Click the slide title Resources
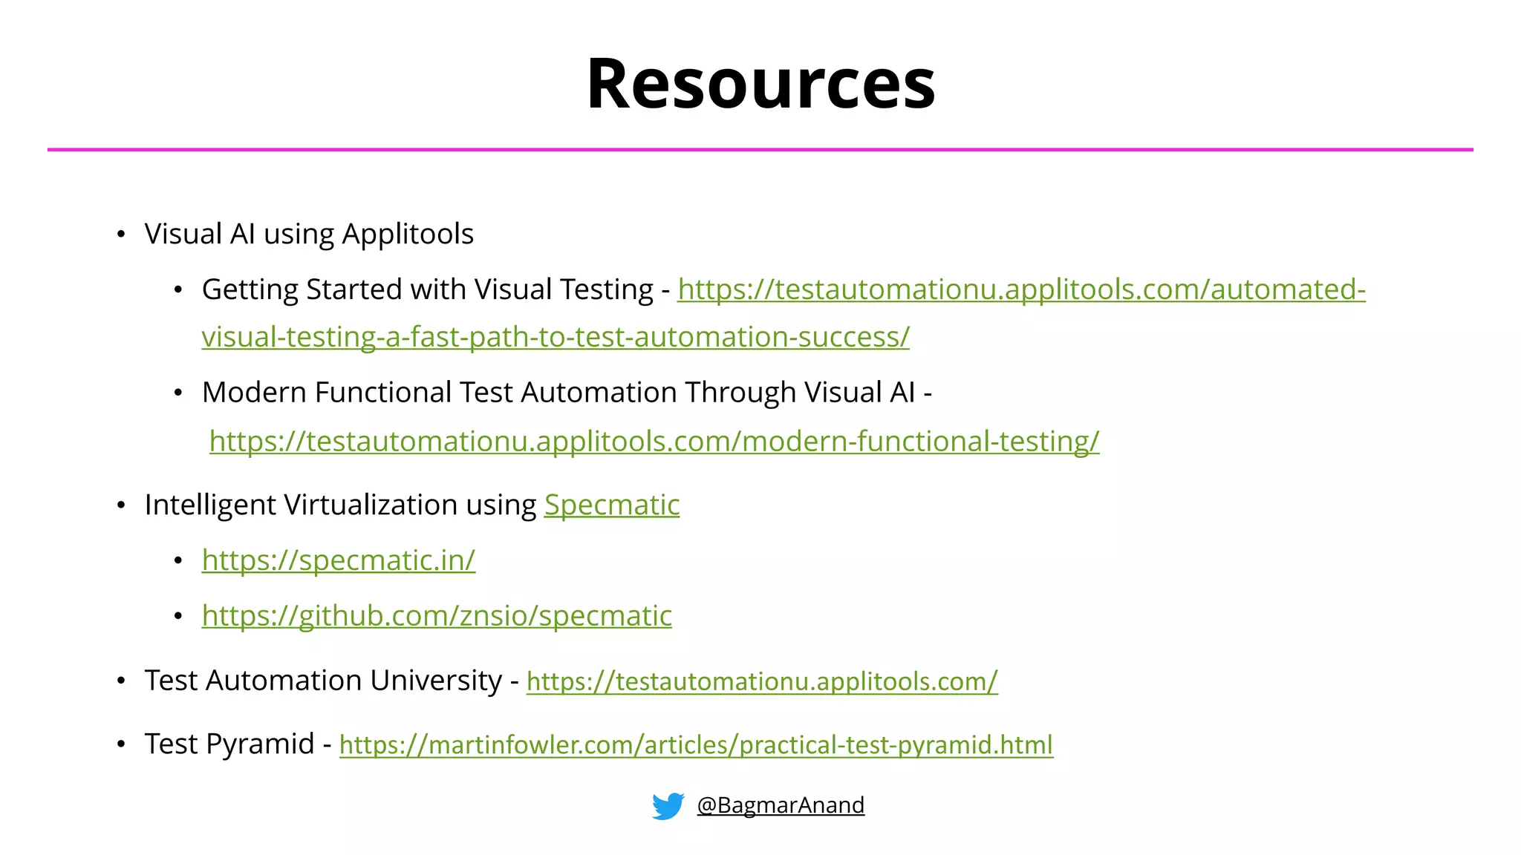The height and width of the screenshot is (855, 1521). (x=760, y=83)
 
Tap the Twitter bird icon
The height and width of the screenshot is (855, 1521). (x=668, y=806)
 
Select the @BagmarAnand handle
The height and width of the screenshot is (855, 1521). (x=781, y=805)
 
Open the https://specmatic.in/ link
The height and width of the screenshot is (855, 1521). (x=338, y=560)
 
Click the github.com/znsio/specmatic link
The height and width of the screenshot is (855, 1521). (x=437, y=616)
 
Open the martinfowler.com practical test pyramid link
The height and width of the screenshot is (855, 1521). (x=696, y=745)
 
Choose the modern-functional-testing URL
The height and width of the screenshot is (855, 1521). (x=654, y=442)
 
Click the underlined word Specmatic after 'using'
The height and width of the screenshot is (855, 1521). (x=612, y=505)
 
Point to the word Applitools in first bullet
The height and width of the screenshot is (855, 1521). (x=408, y=235)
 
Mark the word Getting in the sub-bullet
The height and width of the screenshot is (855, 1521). (x=250, y=290)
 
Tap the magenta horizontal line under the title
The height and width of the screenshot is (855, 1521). (x=760, y=150)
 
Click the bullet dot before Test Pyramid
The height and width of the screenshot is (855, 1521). (x=121, y=744)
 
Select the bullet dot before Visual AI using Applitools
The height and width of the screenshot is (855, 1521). (x=121, y=235)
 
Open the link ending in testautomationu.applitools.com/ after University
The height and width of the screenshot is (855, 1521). (x=762, y=681)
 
